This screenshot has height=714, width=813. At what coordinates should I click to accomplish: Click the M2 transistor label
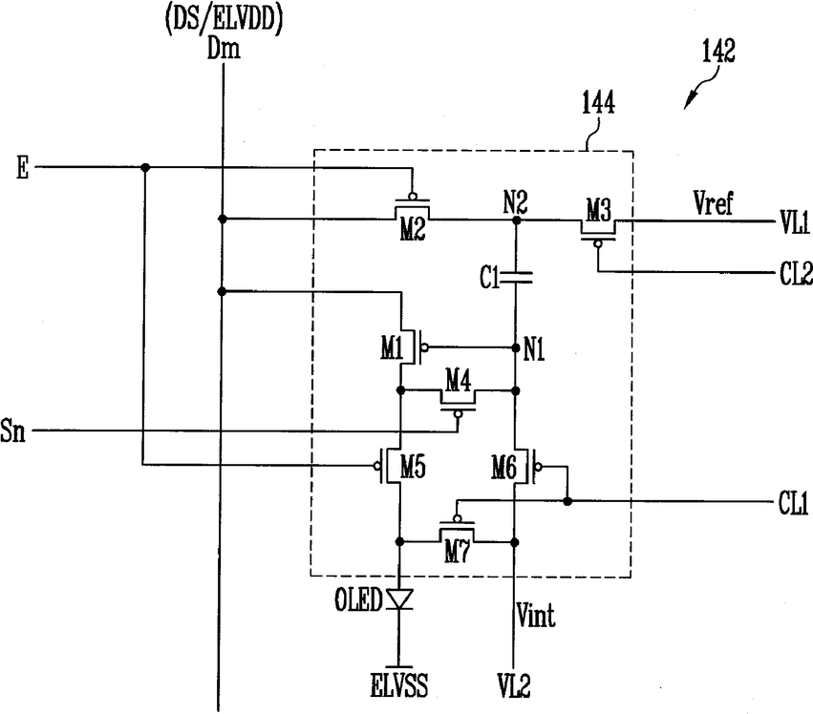413,228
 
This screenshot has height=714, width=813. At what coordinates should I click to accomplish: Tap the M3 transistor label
598,211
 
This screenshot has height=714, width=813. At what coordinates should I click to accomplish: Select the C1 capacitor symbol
516,277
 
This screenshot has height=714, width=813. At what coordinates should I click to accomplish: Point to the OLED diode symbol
399,598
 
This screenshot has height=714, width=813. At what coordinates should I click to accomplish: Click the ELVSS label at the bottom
399,685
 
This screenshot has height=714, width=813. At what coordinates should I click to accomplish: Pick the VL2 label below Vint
514,685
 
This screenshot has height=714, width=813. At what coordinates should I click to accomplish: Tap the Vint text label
536,616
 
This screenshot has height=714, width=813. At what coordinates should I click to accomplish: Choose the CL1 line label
793,503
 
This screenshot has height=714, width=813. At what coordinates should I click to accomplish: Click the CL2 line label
796,274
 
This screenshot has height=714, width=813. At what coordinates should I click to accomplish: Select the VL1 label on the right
794,222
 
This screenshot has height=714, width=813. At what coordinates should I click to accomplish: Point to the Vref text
713,202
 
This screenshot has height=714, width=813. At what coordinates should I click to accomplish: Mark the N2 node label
515,202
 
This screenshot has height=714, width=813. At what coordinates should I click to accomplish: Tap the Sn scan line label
12,431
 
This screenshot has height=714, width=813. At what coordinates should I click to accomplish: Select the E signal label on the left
22,168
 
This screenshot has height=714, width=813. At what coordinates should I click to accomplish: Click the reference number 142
718,52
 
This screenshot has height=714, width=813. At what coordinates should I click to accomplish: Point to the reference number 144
598,102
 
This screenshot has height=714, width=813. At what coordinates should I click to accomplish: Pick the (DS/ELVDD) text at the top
224,21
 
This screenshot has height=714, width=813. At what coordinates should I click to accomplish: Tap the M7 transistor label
457,553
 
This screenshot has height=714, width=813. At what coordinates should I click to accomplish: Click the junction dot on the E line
146,167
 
